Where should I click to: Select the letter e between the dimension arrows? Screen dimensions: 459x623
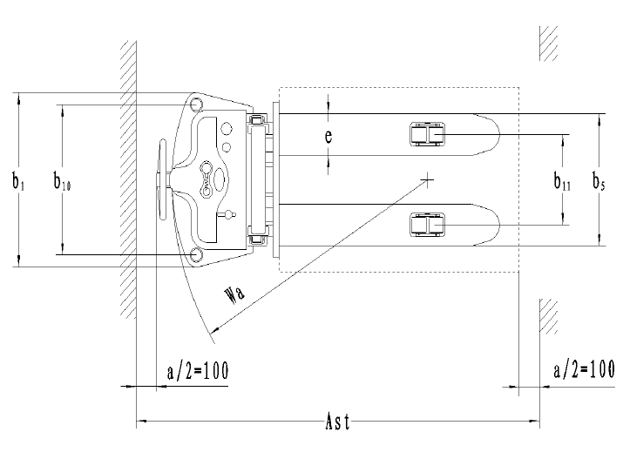pyautogui.click(x=328, y=137)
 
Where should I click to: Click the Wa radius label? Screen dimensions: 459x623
pyautogui.click(x=234, y=292)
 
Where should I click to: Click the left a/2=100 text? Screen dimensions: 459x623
pyautogui.click(x=197, y=370)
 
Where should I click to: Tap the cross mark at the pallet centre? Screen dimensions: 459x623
pyautogui.click(x=428, y=180)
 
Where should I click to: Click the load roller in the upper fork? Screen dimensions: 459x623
pyautogui.click(x=428, y=134)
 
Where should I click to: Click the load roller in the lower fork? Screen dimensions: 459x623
pyautogui.click(x=428, y=226)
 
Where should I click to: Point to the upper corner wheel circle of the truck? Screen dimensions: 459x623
pyautogui.click(x=196, y=105)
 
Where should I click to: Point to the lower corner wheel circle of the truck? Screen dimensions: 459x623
pyautogui.click(x=196, y=254)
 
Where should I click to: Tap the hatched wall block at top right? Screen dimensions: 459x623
pyautogui.click(x=548, y=42)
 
